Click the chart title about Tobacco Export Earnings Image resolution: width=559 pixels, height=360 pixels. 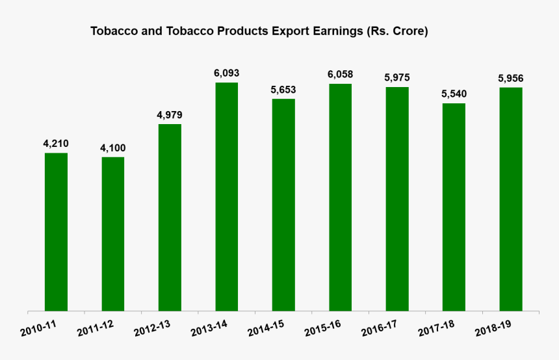pyautogui.click(x=259, y=31)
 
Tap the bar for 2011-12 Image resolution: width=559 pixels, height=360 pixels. pyautogui.click(x=113, y=234)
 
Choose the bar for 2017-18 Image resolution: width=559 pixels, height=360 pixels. pyautogui.click(x=454, y=207)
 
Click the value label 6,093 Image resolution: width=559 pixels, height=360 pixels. pyautogui.click(x=227, y=73)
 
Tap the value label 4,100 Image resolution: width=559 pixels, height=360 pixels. pyautogui.click(x=113, y=148)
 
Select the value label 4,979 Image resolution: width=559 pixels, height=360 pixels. pyautogui.click(x=170, y=115)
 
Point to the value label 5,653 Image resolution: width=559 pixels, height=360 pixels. pyautogui.click(x=283, y=90)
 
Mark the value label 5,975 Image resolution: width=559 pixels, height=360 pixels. pyautogui.click(x=397, y=78)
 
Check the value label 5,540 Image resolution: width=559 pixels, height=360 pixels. pyautogui.click(x=454, y=94)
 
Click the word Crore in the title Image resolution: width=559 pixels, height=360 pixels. pyautogui.click(x=408, y=31)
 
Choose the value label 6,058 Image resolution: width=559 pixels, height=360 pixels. pyautogui.click(x=341, y=75)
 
